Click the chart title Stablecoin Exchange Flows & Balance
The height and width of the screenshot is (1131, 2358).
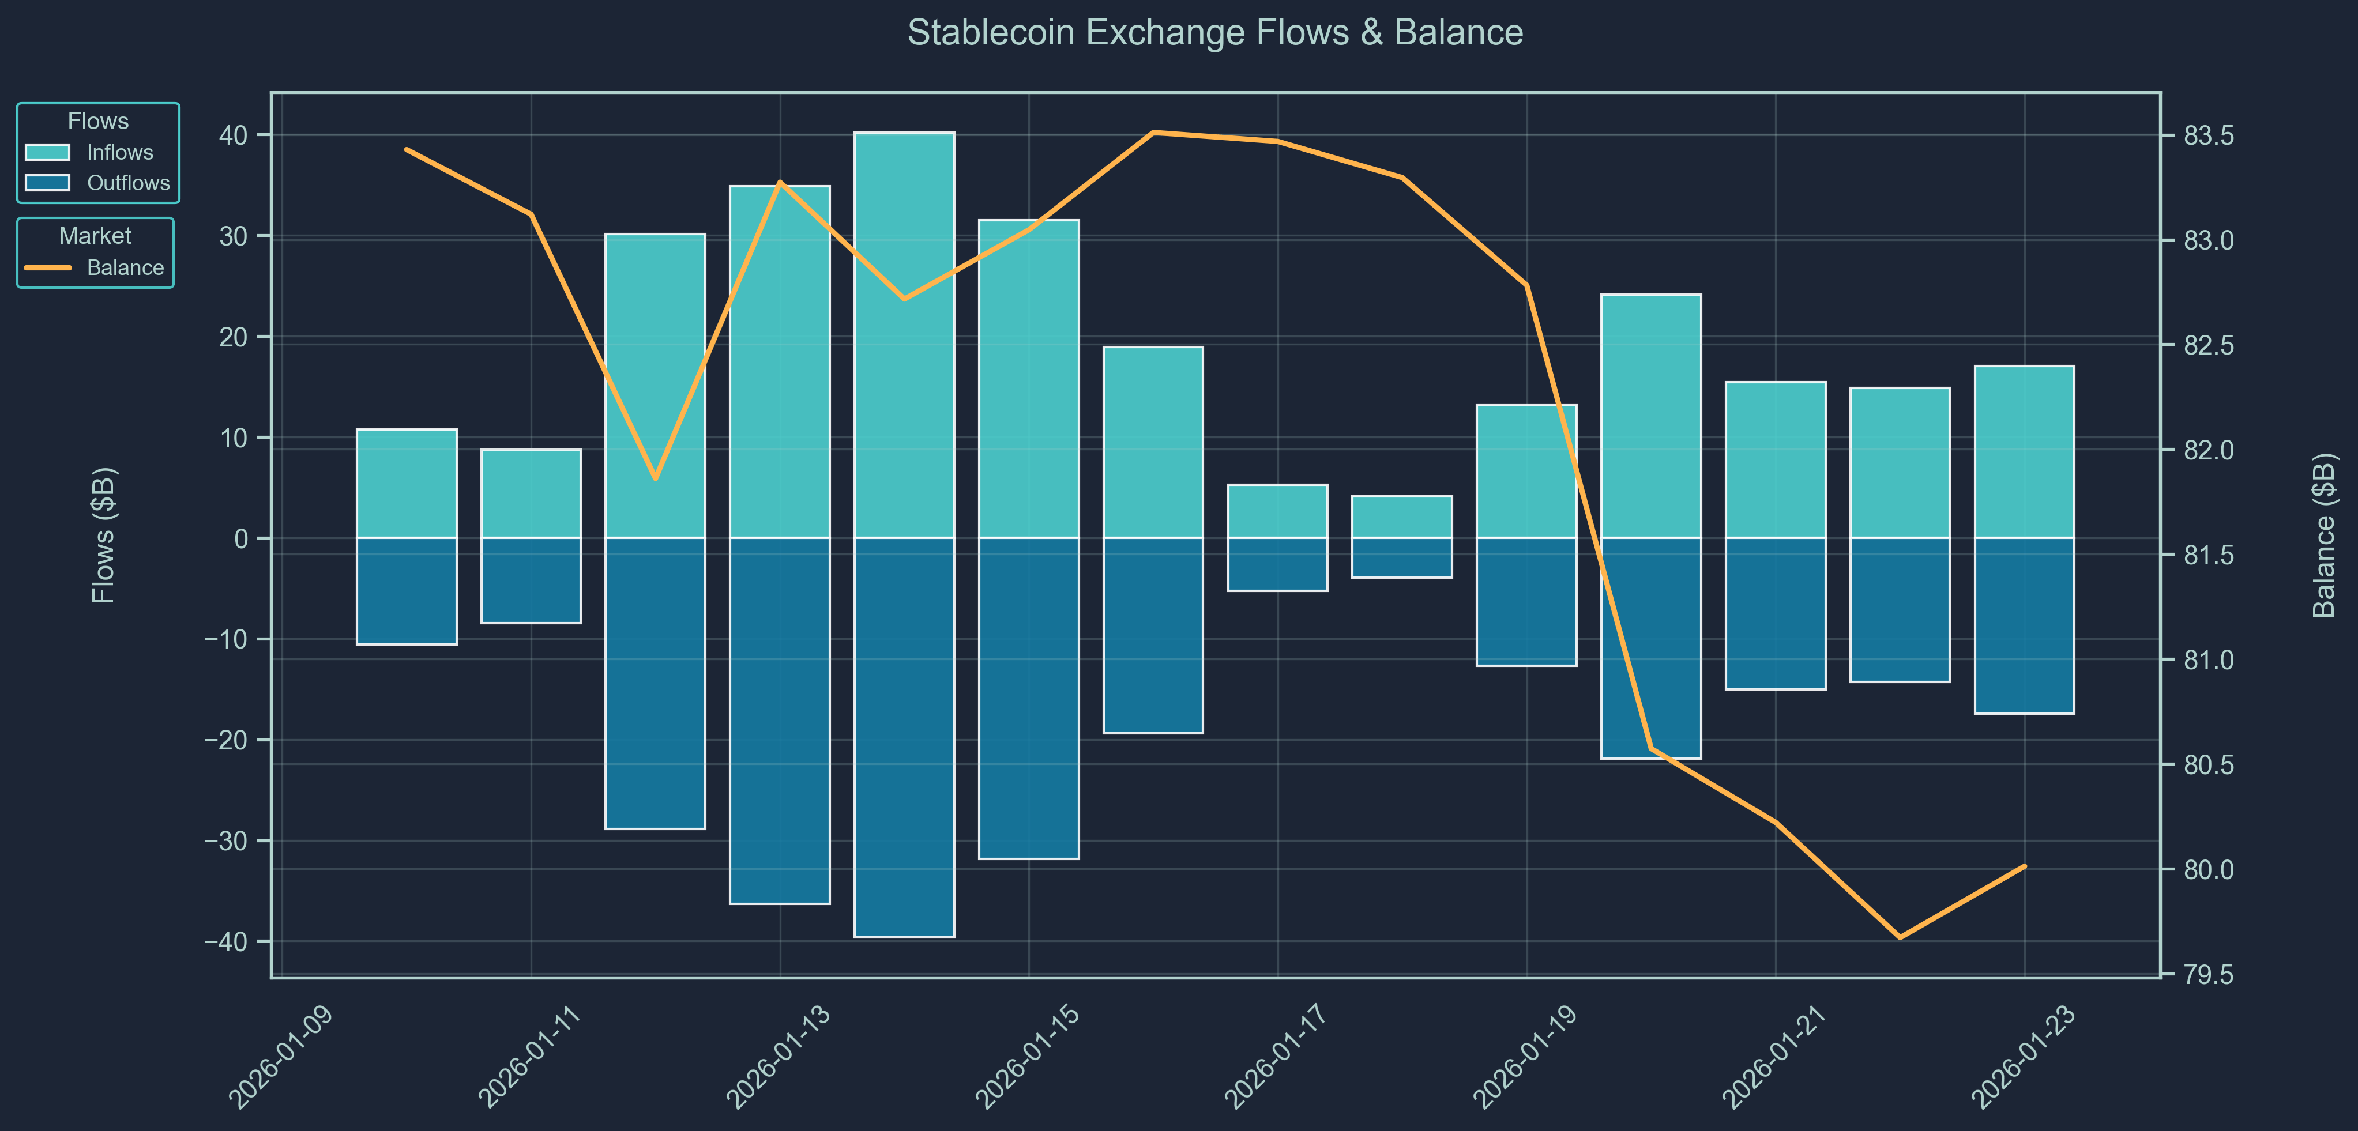1214,33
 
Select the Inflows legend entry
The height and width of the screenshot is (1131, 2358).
119,153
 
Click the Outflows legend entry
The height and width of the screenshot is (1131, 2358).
127,183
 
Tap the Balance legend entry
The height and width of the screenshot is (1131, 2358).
125,268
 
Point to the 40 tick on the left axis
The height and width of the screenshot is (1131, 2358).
234,135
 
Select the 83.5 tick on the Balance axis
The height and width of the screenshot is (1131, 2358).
2208,135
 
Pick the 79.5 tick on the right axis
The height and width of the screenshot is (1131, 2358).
2208,975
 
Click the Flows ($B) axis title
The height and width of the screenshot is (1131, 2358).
103,536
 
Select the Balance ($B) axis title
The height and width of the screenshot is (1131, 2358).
2323,536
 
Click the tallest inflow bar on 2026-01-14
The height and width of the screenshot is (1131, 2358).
904,335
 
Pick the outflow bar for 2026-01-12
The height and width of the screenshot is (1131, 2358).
656,683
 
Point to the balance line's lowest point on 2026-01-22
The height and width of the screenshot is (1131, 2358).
1900,937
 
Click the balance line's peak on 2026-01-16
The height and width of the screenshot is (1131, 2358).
1153,133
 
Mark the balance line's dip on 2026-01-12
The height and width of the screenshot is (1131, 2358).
656,478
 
